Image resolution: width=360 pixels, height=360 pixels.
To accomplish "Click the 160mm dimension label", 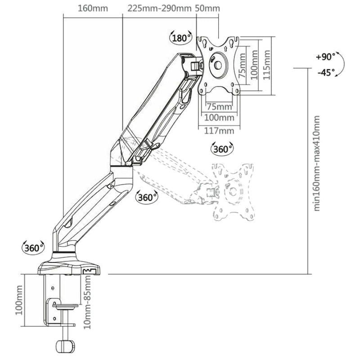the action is coord(93,9).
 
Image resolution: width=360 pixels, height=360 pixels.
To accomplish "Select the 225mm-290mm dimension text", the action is coord(159,9).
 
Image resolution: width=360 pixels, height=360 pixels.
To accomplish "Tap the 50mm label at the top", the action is coord(207,9).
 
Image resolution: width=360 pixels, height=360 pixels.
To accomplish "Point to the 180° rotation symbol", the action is coord(181,37).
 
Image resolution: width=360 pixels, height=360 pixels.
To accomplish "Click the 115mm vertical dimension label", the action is coord(266,65).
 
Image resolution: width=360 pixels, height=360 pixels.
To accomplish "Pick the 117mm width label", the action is coord(219,131).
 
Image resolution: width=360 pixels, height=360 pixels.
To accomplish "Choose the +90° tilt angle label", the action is coord(325,57).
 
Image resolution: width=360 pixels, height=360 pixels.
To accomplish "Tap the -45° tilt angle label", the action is coord(326,72).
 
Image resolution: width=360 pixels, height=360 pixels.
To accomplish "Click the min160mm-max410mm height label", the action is coord(317,163).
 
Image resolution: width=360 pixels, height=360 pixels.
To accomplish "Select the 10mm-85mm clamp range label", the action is coord(87,302).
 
